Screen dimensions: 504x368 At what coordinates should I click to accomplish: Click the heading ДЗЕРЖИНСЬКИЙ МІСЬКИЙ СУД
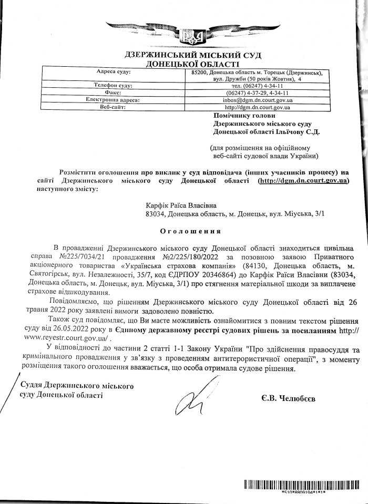[184, 55]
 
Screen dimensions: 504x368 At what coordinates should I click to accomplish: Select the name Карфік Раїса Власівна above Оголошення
[181, 205]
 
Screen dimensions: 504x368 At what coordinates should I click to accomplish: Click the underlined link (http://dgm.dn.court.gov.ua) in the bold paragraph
[303, 180]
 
